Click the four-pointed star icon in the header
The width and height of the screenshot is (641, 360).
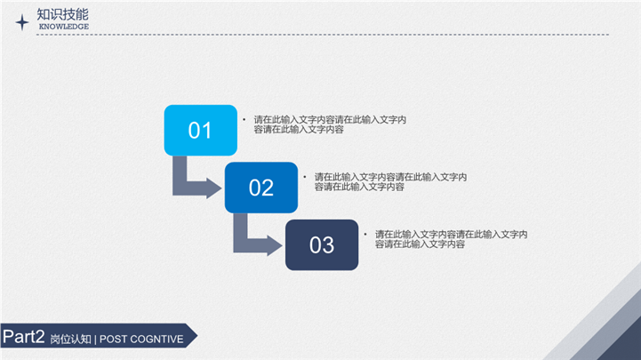22,22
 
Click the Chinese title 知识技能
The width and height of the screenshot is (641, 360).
62,14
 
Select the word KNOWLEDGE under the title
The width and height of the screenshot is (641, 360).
64,27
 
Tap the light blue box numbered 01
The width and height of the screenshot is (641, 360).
201,131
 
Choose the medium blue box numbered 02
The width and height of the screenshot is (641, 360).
261,188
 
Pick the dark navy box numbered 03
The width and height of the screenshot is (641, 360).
322,244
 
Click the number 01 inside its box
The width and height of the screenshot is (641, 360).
200,131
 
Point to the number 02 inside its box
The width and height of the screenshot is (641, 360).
261,188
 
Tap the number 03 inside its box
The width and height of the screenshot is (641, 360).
322,245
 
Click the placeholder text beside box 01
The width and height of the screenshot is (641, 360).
330,124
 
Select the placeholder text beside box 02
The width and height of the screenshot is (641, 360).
390,182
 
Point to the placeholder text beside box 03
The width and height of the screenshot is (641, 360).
451,239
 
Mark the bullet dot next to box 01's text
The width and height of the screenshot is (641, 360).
244,120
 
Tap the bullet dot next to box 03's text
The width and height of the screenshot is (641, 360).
365,234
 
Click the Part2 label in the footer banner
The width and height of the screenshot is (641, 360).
24,337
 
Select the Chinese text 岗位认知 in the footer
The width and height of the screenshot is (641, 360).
71,340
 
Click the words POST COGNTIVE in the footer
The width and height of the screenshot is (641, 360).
141,340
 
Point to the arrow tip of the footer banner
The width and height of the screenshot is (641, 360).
197,336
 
